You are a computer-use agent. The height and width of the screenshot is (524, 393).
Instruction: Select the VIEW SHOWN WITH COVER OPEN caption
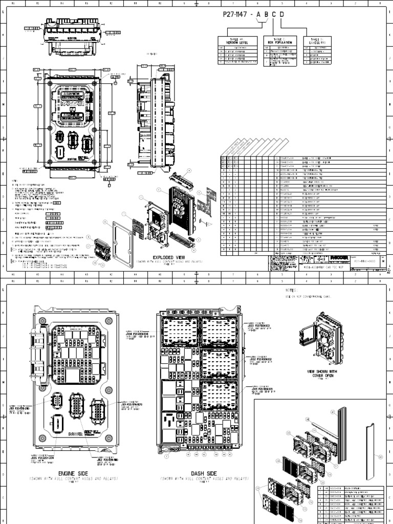tap(322, 373)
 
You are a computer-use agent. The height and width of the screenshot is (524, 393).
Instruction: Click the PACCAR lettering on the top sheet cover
tap(75, 103)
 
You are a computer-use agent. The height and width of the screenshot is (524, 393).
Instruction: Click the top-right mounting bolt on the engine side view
tap(108, 321)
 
